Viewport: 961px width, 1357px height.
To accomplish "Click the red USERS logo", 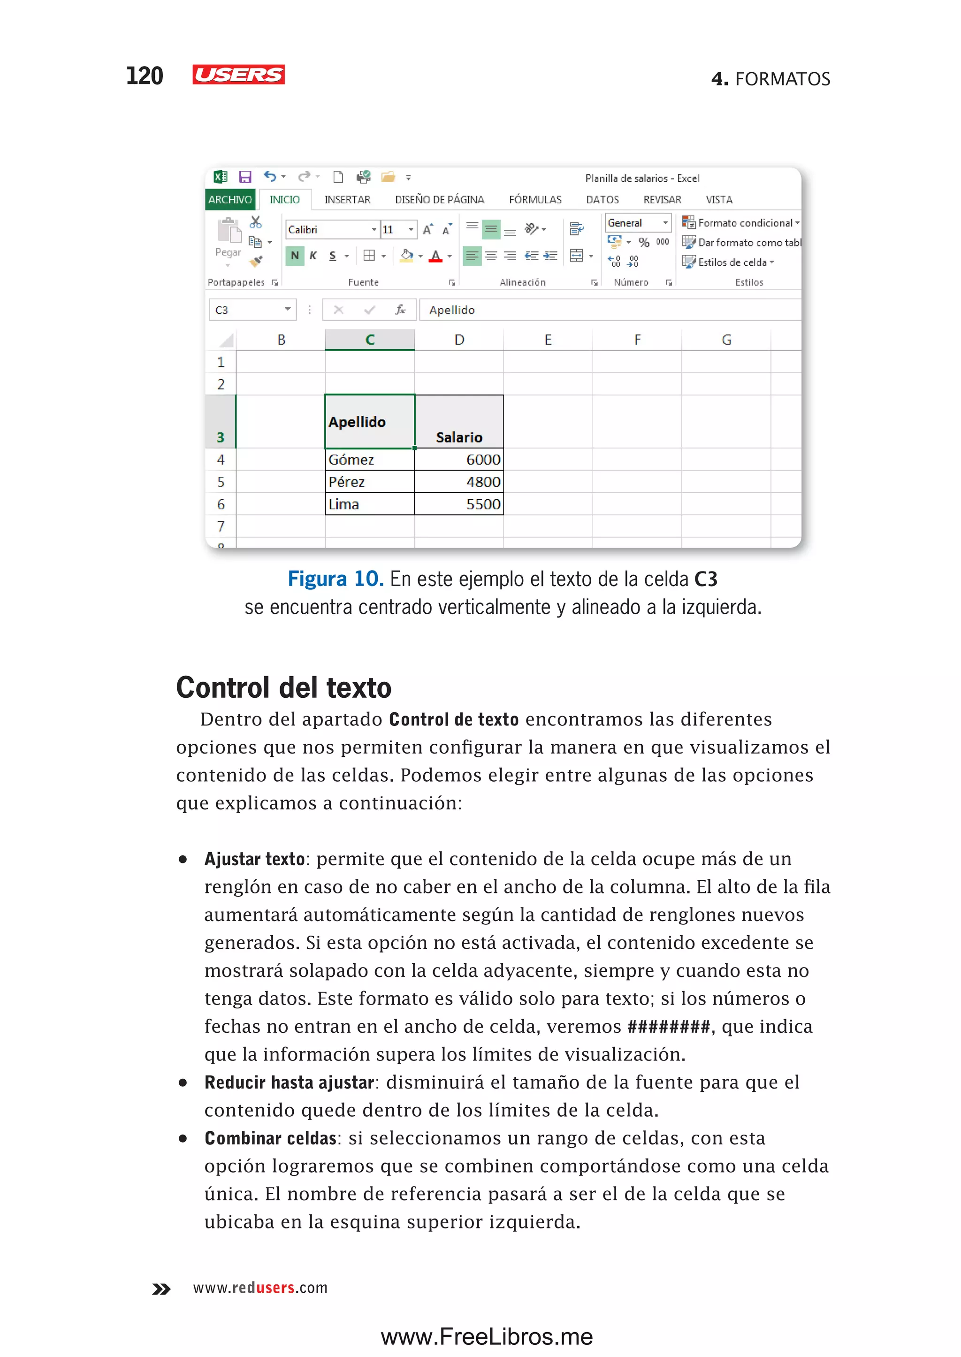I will [238, 75].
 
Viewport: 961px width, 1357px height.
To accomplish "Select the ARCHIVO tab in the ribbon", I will [229, 200].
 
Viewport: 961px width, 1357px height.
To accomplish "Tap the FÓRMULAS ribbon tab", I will [535, 200].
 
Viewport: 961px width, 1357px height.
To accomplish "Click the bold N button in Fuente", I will [295, 256].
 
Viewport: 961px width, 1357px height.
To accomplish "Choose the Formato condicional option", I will [744, 223].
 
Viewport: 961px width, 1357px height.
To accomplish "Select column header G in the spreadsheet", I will [726, 340].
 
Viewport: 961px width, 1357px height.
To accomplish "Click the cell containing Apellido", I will [369, 422].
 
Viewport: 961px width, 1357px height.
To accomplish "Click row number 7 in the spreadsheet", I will [221, 526].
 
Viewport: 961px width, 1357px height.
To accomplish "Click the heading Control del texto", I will [283, 688].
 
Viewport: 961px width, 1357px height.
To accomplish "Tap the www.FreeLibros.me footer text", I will [487, 1337].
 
